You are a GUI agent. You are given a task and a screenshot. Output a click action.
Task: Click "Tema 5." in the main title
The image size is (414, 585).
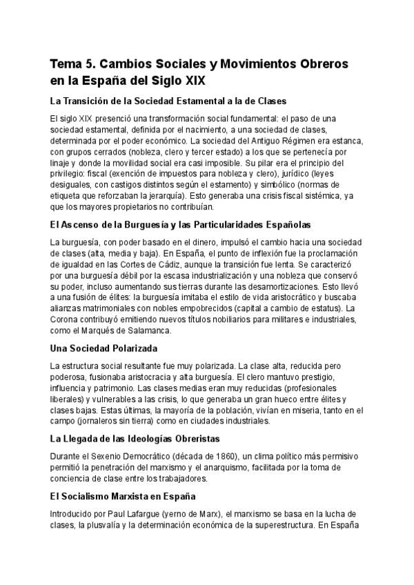[x=73, y=63]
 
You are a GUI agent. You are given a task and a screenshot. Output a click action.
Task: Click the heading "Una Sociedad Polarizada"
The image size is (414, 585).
[x=103, y=348]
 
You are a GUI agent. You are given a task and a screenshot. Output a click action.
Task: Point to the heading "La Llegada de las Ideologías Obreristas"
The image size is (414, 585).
[x=145, y=438]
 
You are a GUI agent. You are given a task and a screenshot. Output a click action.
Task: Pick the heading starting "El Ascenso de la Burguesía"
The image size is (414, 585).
[x=180, y=224]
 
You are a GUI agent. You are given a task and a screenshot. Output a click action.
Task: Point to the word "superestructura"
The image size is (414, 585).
[x=273, y=524]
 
